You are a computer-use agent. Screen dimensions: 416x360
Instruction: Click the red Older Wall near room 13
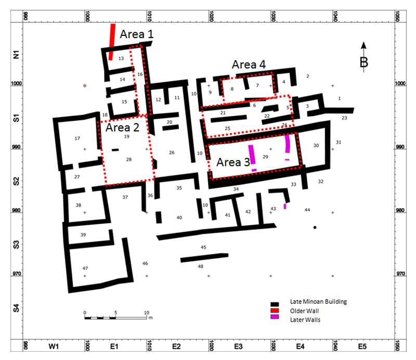(112, 42)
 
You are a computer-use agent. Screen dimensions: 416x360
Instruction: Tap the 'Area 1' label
(137, 34)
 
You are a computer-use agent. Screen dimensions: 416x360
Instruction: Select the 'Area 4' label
(249, 65)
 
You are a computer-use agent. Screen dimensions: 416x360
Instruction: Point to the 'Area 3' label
(233, 162)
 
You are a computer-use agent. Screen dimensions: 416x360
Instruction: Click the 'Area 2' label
(122, 127)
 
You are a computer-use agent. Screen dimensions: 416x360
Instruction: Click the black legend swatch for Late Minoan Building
(275, 304)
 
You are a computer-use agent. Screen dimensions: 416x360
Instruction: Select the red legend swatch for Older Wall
(275, 311)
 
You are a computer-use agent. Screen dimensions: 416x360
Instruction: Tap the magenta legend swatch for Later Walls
(275, 317)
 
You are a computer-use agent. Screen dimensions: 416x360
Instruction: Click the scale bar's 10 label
(147, 313)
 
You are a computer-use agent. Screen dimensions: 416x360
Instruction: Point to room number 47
(85, 268)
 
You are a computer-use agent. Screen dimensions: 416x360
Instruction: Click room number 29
(265, 157)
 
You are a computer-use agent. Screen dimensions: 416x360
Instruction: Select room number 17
(77, 138)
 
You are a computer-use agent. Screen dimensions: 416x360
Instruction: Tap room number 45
(203, 247)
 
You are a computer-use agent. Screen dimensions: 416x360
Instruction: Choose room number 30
(316, 146)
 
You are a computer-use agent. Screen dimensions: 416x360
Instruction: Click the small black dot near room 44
(315, 227)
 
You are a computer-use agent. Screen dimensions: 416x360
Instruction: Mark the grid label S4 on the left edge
(16, 308)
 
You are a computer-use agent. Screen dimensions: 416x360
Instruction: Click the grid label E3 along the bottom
(238, 346)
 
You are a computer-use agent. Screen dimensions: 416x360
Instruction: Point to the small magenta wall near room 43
(285, 206)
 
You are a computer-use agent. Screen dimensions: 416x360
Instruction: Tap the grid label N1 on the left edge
(16, 55)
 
